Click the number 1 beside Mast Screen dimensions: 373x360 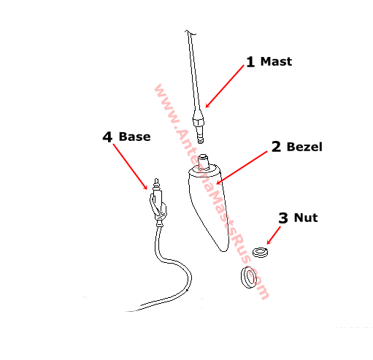pyautogui.click(x=250, y=62)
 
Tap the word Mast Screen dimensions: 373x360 pyautogui.click(x=276, y=61)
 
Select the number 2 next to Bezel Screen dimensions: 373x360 pyautogui.click(x=276, y=147)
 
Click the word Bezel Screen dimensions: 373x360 pyautogui.click(x=304, y=147)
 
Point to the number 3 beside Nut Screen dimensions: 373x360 pyautogui.click(x=283, y=218)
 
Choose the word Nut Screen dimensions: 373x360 pyautogui.click(x=306, y=218)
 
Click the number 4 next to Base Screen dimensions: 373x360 pyautogui.click(x=107, y=137)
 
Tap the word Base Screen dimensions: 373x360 pyautogui.click(x=134, y=137)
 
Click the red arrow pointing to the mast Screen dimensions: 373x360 pyautogui.click(x=225, y=86)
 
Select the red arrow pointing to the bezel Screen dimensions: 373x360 pyautogui.click(x=242, y=168)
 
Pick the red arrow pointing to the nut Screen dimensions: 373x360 pyautogui.click(x=274, y=235)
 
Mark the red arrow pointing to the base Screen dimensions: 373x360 pyautogui.click(x=130, y=166)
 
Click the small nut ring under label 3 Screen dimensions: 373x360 pyautogui.click(x=260, y=252)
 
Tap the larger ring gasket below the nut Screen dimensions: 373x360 pyautogui.click(x=248, y=277)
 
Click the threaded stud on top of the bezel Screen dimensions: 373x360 pyautogui.click(x=204, y=161)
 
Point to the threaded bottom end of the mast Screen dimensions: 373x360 pyautogui.click(x=200, y=136)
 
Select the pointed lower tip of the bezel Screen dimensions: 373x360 pyautogui.click(x=223, y=250)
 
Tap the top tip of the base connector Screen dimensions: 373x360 pyautogui.click(x=156, y=179)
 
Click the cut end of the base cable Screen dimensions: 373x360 pyautogui.click(x=127, y=311)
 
